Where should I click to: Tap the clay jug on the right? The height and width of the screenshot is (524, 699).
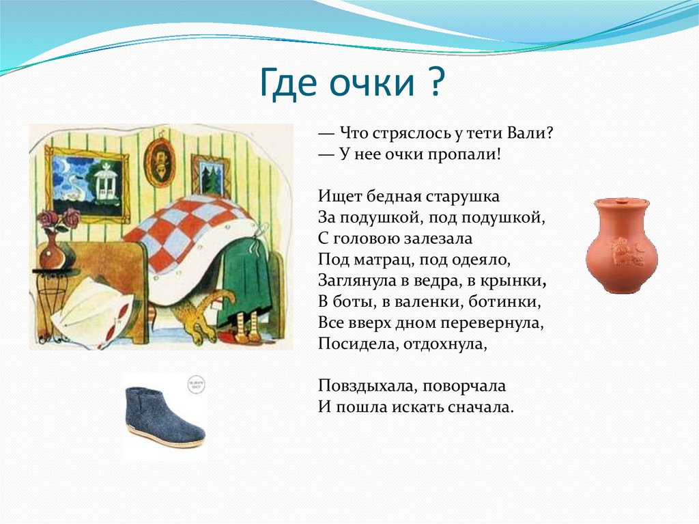(620, 245)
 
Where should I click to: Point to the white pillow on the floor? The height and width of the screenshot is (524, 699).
(92, 311)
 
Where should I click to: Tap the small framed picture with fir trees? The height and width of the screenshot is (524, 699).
(210, 176)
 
